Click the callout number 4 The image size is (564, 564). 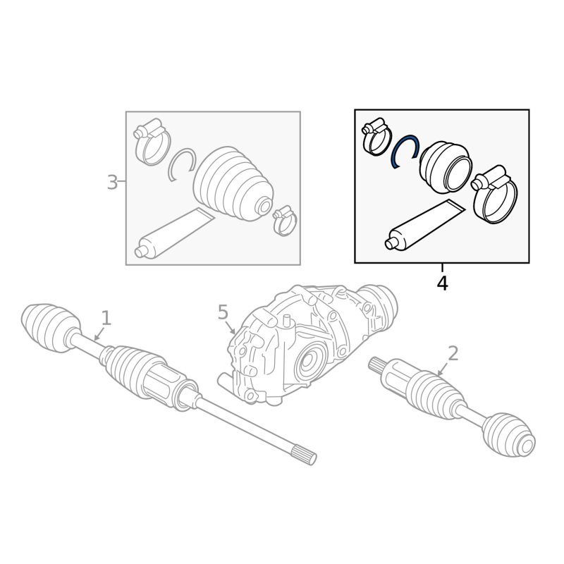(x=443, y=283)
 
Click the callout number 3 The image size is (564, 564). (x=112, y=183)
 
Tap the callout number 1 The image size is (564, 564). (x=106, y=319)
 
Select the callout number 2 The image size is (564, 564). (x=453, y=353)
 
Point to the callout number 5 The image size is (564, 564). (x=223, y=312)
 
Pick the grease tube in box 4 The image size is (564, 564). (x=425, y=225)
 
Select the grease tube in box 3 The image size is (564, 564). (x=174, y=233)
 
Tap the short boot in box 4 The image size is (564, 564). (x=446, y=167)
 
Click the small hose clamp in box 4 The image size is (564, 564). (x=376, y=137)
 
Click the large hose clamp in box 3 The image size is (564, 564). (x=152, y=142)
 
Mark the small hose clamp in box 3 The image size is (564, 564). (x=286, y=221)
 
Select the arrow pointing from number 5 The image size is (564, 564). (x=229, y=327)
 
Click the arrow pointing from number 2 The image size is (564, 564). (x=443, y=369)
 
